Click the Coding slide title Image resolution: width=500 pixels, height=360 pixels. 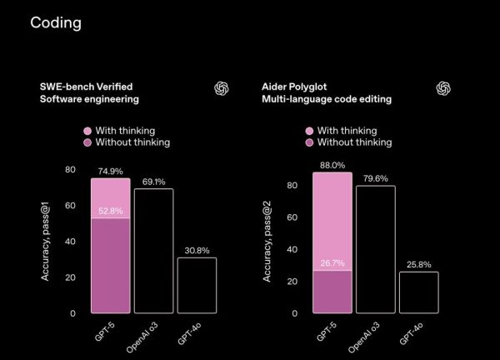56,22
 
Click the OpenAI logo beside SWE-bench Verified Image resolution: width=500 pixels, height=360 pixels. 222,88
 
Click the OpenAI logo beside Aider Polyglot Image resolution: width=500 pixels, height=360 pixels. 443,88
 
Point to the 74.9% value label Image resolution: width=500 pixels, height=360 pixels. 111,171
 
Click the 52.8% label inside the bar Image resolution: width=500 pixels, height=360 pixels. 111,210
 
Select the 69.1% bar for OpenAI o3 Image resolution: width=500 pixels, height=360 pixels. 154,251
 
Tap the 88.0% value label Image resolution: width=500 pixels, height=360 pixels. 332,165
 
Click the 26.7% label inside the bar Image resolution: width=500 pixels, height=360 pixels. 332,263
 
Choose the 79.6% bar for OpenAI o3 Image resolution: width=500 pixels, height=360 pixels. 376,249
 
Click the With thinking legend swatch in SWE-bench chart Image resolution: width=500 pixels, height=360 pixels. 88,131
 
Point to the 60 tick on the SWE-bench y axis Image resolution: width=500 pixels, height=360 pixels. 70,205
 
